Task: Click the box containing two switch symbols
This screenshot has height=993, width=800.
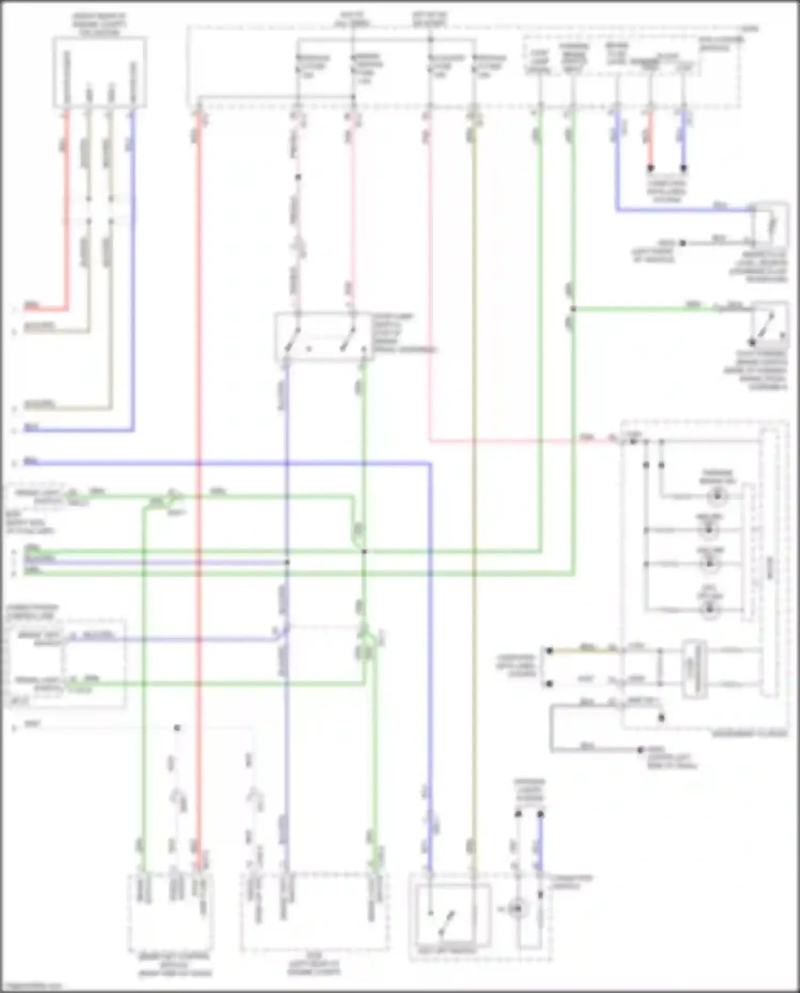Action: [x=323, y=336]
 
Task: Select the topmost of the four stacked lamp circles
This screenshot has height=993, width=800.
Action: [x=717, y=496]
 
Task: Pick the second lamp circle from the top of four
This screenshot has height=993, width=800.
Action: [x=709, y=530]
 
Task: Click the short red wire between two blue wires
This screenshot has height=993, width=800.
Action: [x=650, y=141]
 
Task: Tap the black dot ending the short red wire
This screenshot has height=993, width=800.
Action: [x=650, y=168]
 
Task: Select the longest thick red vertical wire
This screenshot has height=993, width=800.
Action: [x=199, y=480]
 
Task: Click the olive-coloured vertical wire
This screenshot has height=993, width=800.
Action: [x=474, y=480]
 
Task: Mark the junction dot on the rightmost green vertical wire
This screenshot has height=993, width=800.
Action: [x=573, y=309]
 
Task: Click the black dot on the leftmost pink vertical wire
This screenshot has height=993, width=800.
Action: [x=298, y=177]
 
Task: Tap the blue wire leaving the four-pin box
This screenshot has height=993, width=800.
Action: [x=133, y=267]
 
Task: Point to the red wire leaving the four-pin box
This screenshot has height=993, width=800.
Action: [x=67, y=213]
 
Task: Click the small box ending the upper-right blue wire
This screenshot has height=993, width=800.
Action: [x=770, y=225]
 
